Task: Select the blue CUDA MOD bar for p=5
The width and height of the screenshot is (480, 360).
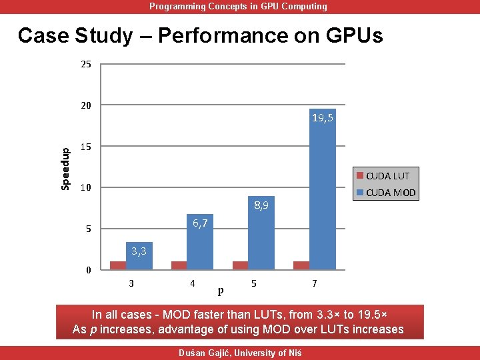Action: pyautogui.click(x=261, y=240)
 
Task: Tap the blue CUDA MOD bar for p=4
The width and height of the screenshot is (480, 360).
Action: pyautogui.click(x=200, y=247)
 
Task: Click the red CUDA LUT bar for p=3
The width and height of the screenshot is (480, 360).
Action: pyautogui.click(x=118, y=265)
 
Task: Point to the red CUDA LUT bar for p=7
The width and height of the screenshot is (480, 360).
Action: pyautogui.click(x=301, y=265)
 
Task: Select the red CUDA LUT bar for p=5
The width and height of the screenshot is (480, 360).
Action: pyautogui.click(x=240, y=265)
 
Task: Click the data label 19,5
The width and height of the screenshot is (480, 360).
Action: pyautogui.click(x=323, y=119)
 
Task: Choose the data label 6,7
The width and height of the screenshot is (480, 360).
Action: pyautogui.click(x=200, y=223)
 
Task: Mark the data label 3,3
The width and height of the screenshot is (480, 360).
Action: pyautogui.click(x=139, y=251)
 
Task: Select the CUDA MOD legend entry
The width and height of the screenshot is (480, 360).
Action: pyautogui.click(x=387, y=193)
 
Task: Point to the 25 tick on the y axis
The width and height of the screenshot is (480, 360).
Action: pyautogui.click(x=86, y=65)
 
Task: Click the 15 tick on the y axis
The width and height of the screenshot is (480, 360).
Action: pyautogui.click(x=86, y=147)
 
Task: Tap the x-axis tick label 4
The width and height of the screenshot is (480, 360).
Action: pyautogui.click(x=193, y=283)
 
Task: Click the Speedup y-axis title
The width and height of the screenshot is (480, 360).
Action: pyautogui.click(x=65, y=168)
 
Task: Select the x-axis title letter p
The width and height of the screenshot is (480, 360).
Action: pyautogui.click(x=221, y=291)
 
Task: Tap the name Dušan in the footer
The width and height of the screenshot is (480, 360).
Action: pyautogui.click(x=194, y=353)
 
